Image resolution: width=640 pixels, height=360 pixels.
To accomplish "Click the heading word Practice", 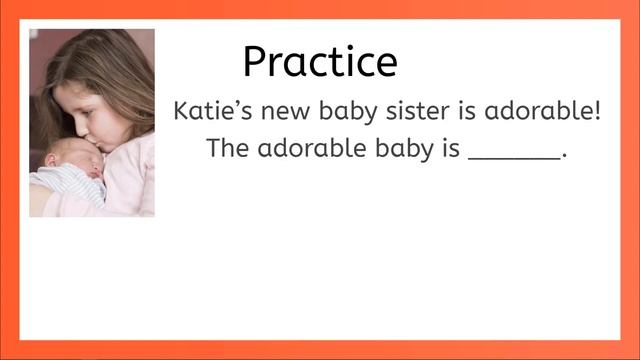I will [320, 62].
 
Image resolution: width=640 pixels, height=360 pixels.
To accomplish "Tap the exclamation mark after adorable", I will [597, 110].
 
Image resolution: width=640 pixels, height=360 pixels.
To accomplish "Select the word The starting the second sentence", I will [228, 149].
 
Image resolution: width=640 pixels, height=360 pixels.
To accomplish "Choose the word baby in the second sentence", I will [401, 150].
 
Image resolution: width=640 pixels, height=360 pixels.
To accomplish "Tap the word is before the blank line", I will [449, 149].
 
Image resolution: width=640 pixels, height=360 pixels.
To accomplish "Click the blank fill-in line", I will [514, 158].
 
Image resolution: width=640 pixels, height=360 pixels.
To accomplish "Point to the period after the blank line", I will [565, 157].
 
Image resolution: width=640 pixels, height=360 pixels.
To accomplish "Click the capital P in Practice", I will [255, 63].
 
